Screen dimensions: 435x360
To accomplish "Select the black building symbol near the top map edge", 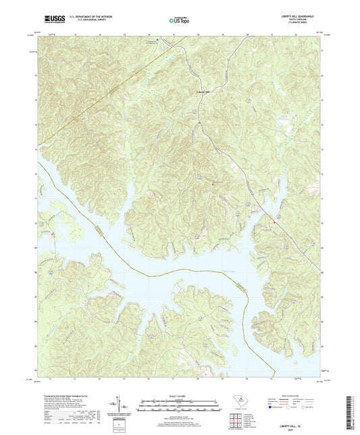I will click(x=157, y=40).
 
